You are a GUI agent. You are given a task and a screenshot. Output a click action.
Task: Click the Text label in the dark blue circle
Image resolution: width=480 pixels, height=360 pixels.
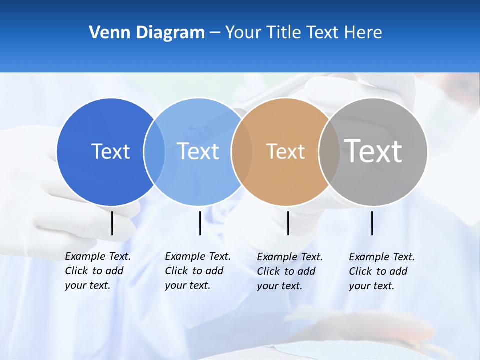pyautogui.click(x=110, y=151)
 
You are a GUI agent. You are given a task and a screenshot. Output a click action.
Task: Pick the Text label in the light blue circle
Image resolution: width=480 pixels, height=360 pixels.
pyautogui.click(x=198, y=151)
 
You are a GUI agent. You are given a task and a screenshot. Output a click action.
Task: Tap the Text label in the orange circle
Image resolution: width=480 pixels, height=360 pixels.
pyautogui.click(x=285, y=151)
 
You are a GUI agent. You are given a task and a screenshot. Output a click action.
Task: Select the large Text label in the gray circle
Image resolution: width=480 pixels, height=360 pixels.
pyautogui.click(x=373, y=151)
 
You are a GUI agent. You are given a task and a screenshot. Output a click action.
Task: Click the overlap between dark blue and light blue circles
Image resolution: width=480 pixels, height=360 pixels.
pyautogui.click(x=154, y=152)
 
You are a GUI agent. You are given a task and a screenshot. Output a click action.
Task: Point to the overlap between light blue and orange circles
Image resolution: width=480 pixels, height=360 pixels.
pyautogui.click(x=242, y=152)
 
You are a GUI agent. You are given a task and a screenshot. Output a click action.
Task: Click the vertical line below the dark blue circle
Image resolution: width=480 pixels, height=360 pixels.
pyautogui.click(x=112, y=223)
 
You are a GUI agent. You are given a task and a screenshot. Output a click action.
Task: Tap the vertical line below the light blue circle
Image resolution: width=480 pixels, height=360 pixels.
pyautogui.click(x=200, y=223)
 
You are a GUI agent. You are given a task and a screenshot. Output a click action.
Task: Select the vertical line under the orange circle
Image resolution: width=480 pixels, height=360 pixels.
pyautogui.click(x=288, y=223)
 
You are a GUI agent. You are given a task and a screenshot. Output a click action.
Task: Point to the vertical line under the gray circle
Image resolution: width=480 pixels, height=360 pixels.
pyautogui.click(x=372, y=223)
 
